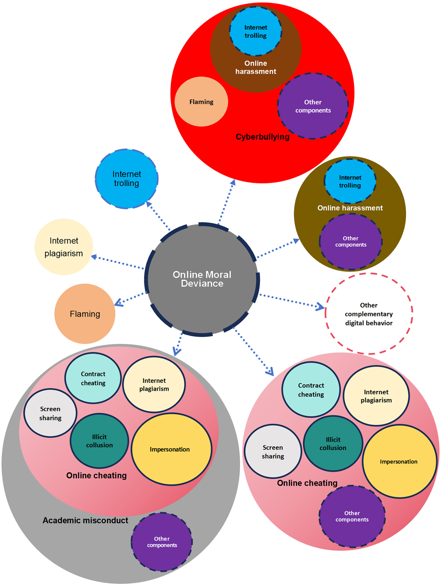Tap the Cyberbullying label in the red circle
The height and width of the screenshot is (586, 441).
[x=262, y=137]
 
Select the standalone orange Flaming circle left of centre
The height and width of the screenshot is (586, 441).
[x=85, y=314]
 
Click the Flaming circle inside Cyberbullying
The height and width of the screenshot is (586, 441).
[x=201, y=102]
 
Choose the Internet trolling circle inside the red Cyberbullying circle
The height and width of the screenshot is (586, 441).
[x=256, y=31]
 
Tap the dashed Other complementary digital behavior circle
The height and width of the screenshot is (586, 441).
[x=369, y=314]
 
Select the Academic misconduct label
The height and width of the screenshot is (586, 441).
[x=85, y=520]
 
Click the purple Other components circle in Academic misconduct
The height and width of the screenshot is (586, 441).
[x=162, y=542]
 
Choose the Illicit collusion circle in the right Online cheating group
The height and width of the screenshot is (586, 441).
[x=333, y=443]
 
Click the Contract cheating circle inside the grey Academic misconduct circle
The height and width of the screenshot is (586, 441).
[x=93, y=378]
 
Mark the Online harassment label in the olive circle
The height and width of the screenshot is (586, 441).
[x=350, y=208]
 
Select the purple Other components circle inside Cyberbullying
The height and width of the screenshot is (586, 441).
[x=313, y=106]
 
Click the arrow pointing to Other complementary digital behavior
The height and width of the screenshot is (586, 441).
[x=292, y=301]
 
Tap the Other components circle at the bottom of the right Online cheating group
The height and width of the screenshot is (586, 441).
[x=352, y=516]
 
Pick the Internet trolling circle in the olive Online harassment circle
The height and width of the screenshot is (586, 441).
[x=350, y=181]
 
